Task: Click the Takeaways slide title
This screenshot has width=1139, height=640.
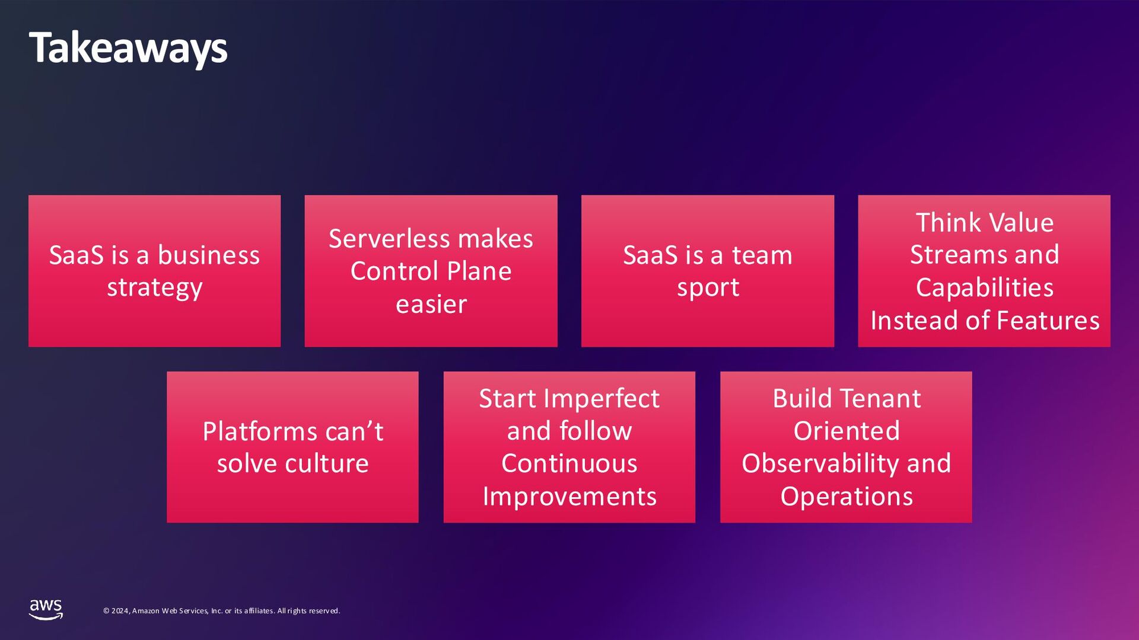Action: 128,49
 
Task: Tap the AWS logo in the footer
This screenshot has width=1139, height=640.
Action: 46,609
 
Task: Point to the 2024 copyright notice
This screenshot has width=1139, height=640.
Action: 221,610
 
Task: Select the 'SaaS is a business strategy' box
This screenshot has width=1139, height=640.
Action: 154,271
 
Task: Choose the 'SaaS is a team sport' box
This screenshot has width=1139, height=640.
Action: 707,271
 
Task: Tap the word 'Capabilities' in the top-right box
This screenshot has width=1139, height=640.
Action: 985,288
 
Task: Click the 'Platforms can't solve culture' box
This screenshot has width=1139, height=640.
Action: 292,447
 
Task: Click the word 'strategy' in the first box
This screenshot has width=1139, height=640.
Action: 155,288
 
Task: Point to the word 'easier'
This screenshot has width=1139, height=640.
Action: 431,305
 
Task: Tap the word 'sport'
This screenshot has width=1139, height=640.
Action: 708,288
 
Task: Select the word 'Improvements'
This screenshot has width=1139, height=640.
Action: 569,497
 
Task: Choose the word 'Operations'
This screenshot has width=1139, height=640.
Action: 847,497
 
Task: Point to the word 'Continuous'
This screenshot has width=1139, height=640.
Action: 569,463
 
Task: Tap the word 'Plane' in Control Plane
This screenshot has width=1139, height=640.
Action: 479,271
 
